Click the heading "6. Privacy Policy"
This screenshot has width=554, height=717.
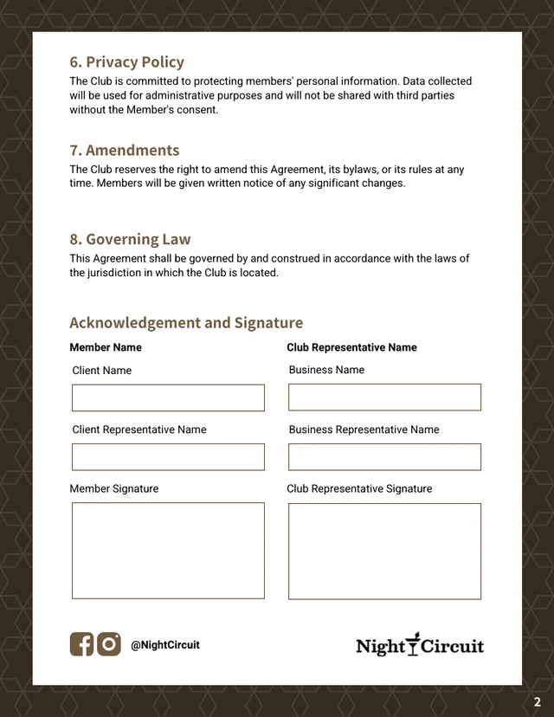click(x=126, y=62)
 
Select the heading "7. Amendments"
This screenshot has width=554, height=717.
click(x=124, y=151)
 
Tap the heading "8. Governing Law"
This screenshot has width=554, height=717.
click(x=130, y=240)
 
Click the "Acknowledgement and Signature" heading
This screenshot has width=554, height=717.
click(x=186, y=323)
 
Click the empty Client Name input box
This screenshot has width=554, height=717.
click(x=168, y=398)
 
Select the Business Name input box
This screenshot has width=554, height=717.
click(x=384, y=397)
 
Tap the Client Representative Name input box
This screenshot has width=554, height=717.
click(x=168, y=457)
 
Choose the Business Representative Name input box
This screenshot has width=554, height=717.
click(x=384, y=457)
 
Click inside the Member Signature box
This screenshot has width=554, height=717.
click(x=168, y=551)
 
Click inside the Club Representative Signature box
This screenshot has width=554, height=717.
click(x=384, y=552)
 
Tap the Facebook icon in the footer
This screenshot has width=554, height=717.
click(x=81, y=644)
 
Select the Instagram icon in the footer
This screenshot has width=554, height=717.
click(x=109, y=644)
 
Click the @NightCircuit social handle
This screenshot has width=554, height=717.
click(x=165, y=645)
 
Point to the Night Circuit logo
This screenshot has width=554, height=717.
click(x=420, y=645)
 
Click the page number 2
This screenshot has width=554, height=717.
click(x=537, y=702)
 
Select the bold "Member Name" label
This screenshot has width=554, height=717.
click(x=106, y=347)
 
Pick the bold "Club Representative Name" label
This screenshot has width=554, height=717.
click(x=351, y=347)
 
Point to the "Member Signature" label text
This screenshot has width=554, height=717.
click(x=114, y=488)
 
